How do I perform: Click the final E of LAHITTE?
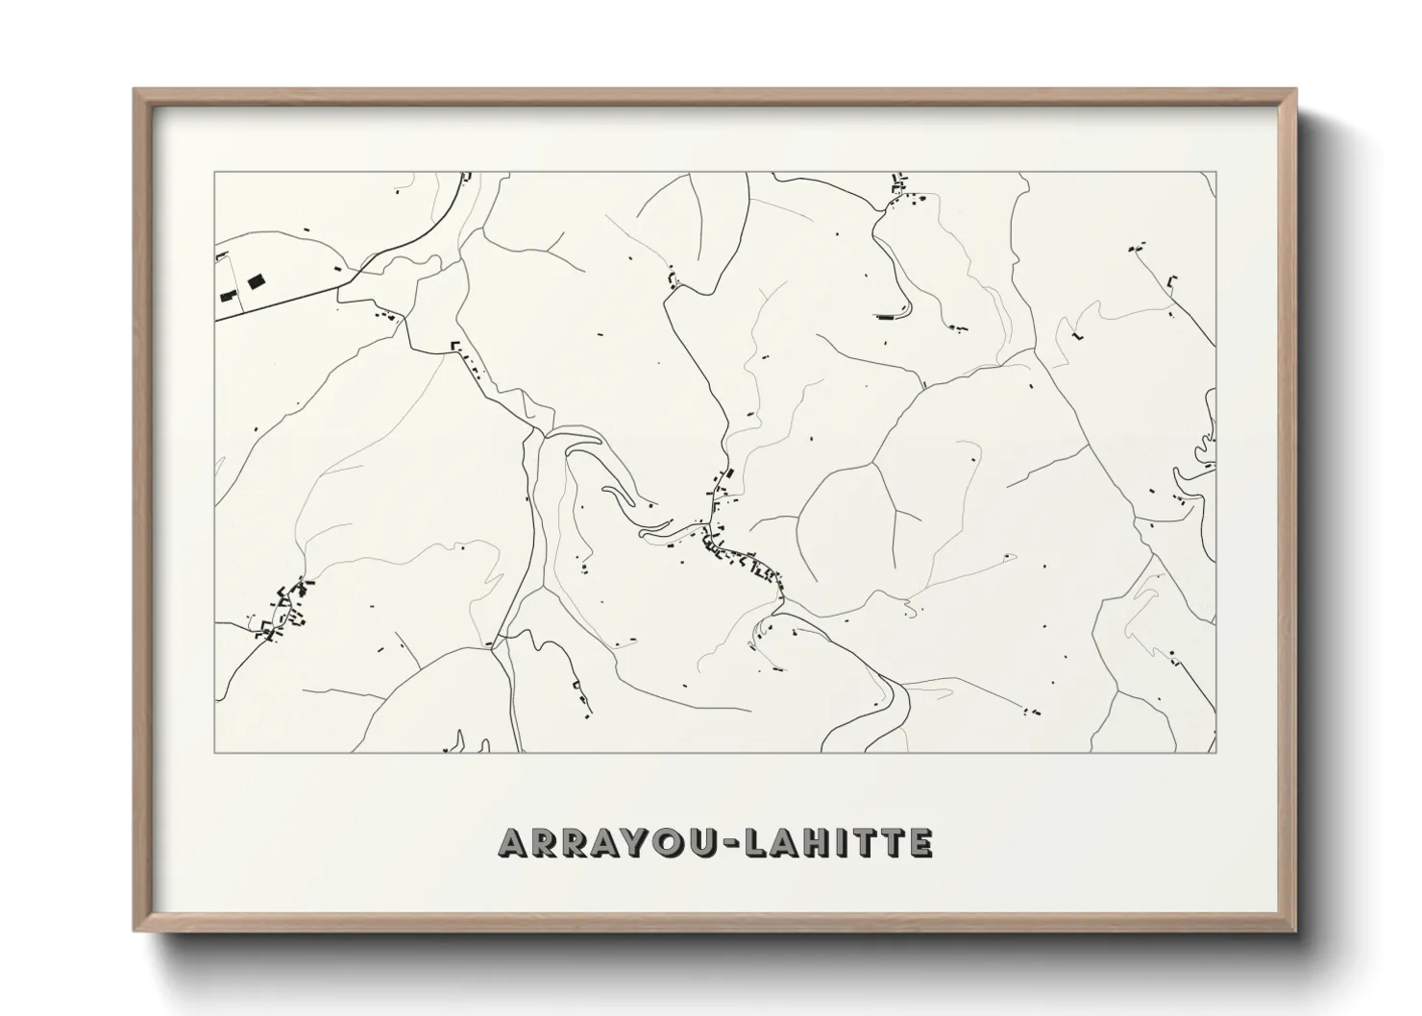tap(920, 843)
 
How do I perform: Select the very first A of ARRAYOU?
tap(512, 843)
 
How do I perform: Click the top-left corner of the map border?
tap(215, 173)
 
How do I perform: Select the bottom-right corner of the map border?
tap(1215, 752)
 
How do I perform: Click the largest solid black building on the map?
tap(256, 282)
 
